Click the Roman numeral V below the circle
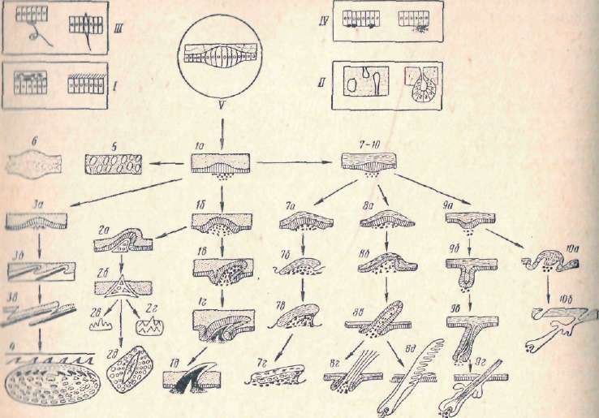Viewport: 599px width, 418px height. point(222,106)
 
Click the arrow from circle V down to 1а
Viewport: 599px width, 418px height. point(222,130)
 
